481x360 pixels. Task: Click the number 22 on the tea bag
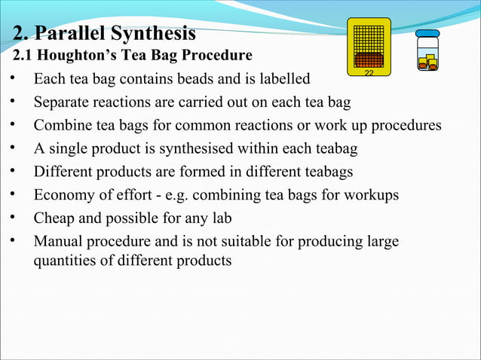click(369, 73)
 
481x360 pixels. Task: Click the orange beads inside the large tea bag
click(369, 60)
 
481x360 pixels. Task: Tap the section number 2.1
click(26, 56)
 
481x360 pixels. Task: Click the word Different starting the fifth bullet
click(63, 172)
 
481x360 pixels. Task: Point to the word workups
click(371, 195)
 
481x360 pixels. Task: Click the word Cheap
click(55, 218)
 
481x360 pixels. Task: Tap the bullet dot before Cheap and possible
click(11, 218)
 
